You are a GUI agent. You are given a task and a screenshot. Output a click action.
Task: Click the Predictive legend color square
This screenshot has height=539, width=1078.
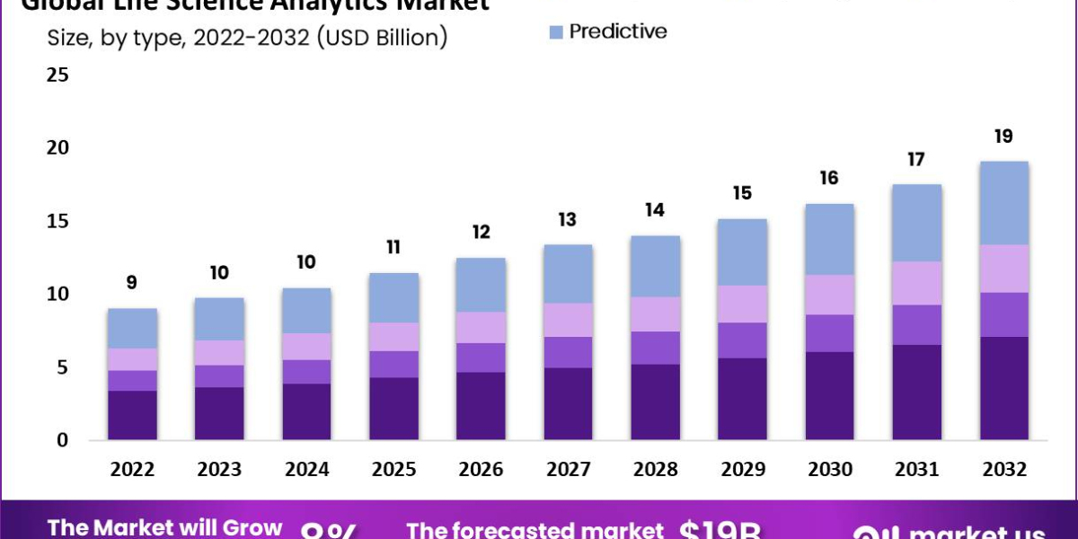pos(556,32)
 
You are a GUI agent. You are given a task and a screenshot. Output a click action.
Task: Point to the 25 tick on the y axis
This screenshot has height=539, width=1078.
pos(57,75)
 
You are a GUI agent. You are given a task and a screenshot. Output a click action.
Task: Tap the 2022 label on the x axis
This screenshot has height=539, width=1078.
pos(133,470)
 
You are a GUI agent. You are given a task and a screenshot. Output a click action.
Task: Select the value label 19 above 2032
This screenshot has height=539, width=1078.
pos(1003,137)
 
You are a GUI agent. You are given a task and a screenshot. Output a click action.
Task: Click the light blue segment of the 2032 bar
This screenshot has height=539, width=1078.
pos(1003,203)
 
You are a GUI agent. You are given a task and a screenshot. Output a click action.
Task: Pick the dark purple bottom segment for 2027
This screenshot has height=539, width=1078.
pos(568,403)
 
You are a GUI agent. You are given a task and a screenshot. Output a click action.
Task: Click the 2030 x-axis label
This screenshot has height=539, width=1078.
pos(829,470)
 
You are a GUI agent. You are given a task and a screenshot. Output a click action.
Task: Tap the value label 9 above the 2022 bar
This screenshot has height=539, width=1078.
pos(133,283)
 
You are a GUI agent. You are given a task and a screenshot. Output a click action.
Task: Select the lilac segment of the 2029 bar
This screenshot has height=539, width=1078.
pos(742,304)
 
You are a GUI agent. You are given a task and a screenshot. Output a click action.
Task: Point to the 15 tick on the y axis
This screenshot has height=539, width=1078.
pos(57,221)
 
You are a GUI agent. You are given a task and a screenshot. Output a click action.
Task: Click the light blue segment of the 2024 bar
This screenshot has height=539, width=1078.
pos(307,310)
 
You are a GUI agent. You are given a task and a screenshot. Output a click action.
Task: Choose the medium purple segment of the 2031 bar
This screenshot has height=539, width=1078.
pos(916,324)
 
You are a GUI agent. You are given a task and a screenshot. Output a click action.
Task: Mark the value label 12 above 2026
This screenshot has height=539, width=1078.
pos(482,233)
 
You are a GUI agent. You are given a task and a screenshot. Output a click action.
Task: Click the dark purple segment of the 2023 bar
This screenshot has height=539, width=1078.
pos(220,413)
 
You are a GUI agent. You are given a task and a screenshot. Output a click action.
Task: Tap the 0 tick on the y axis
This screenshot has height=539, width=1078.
pos(62,440)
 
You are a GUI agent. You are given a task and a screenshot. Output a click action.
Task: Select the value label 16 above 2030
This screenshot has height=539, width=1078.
pos(829,178)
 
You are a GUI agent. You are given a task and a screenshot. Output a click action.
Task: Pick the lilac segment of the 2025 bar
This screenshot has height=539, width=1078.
pos(394,337)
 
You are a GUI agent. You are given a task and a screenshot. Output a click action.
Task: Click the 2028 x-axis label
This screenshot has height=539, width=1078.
pos(655,470)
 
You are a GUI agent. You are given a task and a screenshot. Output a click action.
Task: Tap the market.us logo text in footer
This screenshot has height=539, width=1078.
pos(979,531)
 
